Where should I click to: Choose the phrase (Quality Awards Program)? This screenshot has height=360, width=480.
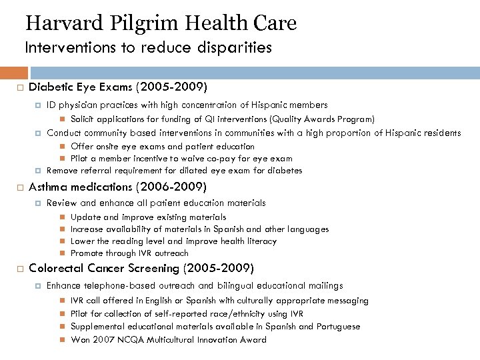point(322,119)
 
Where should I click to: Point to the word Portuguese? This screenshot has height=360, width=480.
point(338,327)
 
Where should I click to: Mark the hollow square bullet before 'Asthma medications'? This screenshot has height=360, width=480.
point(21,187)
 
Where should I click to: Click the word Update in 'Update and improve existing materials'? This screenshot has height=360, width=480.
point(83,217)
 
